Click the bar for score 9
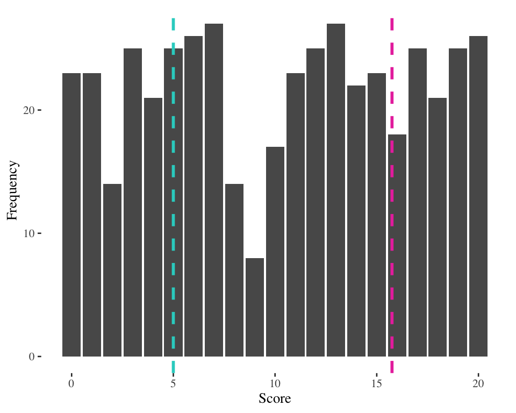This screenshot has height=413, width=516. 255,307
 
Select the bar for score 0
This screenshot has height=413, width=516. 71,215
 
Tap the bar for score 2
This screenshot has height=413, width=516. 112,270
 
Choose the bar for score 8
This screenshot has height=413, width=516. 234,270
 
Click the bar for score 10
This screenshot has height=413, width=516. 275,252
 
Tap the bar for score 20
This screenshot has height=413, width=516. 478,196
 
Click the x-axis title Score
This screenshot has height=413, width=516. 275,398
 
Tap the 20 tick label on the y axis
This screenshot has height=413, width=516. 29,110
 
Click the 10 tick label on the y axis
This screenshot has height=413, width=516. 29,233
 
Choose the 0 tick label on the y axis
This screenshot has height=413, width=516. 32,357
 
